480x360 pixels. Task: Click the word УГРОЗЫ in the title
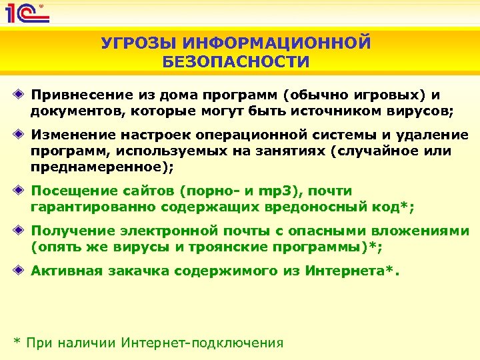[136, 44]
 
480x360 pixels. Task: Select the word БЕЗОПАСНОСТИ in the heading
[236, 63]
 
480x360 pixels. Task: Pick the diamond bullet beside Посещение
[22, 191]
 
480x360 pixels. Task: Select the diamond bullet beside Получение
[22, 231]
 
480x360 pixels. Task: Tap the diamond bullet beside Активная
[22, 271]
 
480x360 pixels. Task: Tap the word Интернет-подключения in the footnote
[203, 343]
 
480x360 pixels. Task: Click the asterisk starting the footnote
[18, 342]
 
